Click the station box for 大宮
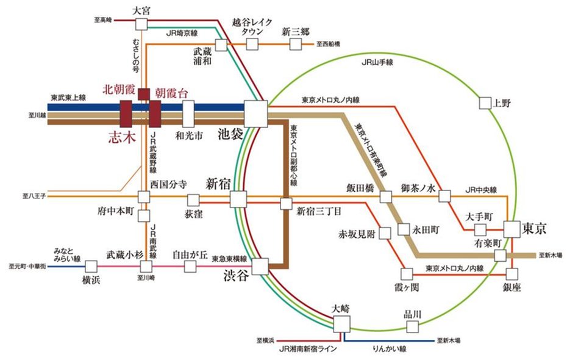(x=141, y=24)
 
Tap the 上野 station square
(x=485, y=103)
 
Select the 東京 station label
(x=535, y=229)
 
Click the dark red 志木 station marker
(x=127, y=113)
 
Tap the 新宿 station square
(x=238, y=200)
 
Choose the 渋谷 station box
(x=260, y=266)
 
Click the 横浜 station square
(x=91, y=266)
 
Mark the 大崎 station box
(x=342, y=323)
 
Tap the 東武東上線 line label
(x=68, y=98)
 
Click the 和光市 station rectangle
(x=188, y=113)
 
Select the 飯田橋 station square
(x=385, y=196)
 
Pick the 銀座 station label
(x=512, y=287)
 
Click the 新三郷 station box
(x=296, y=45)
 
